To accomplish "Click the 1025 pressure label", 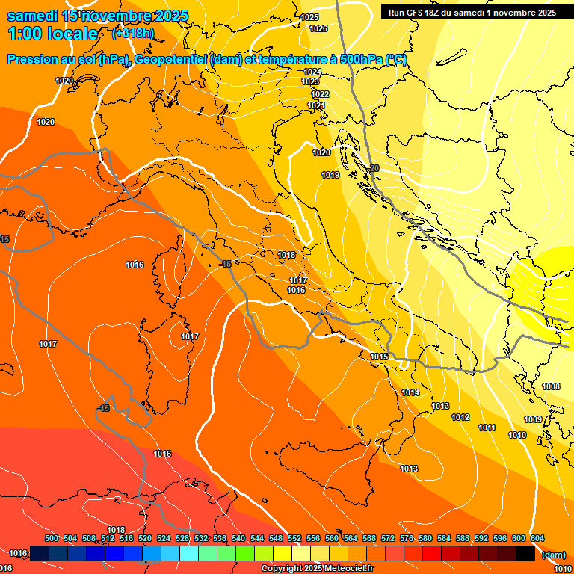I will (309, 17).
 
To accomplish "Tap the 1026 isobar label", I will (318, 28).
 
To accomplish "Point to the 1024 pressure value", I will (312, 72).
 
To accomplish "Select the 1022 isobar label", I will (321, 95).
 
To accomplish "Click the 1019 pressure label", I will (330, 175).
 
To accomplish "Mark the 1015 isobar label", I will (379, 357).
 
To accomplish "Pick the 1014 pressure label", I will (410, 392).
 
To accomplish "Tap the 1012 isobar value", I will (460, 418).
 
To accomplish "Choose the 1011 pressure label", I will (487, 428).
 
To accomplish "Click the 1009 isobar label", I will (533, 420).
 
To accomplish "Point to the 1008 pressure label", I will (551, 387).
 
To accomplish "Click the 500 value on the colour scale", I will (52, 539).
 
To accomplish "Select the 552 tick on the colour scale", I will (294, 539).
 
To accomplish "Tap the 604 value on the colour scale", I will (537, 539).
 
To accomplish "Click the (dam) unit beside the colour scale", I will (553, 555).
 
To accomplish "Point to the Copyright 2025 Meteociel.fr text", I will (317, 569).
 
